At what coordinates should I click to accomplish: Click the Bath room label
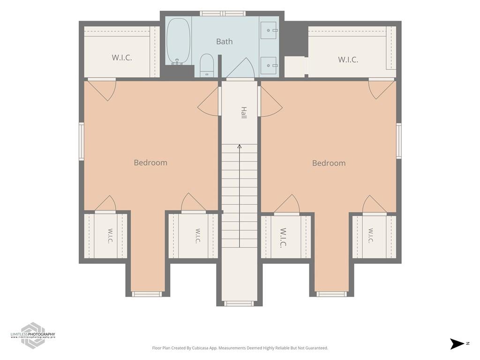[x=225, y=41]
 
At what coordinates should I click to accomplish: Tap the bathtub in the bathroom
[x=178, y=41]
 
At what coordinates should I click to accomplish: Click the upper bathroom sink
[x=269, y=30]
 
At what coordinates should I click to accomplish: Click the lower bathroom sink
[x=269, y=65]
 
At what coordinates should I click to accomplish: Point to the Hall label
[x=244, y=112]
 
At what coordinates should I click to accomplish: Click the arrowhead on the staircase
[x=240, y=146]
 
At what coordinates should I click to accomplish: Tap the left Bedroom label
[x=150, y=163]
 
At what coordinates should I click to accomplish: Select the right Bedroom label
[x=329, y=163]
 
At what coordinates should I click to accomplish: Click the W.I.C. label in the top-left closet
[x=122, y=58]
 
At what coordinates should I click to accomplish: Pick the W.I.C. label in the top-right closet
[x=348, y=60]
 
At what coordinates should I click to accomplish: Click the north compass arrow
[x=457, y=344]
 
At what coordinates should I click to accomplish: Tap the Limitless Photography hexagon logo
[x=33, y=336]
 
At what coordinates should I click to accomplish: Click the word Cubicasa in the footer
[x=198, y=348]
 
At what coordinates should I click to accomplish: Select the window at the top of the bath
[x=223, y=14]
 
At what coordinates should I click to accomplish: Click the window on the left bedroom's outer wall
[x=82, y=142]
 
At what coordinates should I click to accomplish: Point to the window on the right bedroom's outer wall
[x=399, y=141]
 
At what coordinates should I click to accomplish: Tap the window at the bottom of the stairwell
[x=239, y=304]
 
